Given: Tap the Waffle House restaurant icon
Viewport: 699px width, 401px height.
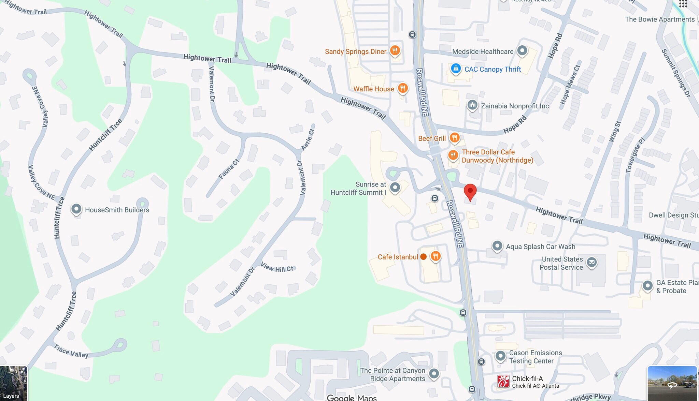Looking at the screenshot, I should [x=403, y=88].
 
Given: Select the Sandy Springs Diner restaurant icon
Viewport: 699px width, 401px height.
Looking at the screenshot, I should [x=395, y=51].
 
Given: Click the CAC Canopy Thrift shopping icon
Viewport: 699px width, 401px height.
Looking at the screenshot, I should [x=456, y=69].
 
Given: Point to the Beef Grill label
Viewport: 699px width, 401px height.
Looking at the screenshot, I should [x=432, y=138].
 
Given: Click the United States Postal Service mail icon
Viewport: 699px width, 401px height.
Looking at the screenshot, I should [x=591, y=262].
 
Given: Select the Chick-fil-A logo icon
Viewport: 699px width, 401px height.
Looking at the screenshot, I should [x=503, y=381].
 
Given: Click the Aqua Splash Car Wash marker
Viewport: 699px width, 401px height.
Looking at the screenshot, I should [x=497, y=246].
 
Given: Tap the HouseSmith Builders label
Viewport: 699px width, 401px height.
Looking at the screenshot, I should [x=117, y=210].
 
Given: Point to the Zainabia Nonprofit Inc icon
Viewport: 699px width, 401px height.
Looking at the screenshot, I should [x=472, y=105].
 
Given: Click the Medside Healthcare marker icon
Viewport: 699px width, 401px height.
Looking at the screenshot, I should [x=522, y=51].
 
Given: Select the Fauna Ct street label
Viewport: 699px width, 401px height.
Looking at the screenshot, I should [x=229, y=169].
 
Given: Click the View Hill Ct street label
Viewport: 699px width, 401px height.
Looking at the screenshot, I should [x=277, y=267].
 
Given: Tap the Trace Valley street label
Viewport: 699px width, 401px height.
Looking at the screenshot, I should [x=71, y=352].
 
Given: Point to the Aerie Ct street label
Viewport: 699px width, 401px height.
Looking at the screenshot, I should [x=308, y=139].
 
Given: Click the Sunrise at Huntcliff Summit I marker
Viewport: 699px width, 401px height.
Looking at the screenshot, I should [x=395, y=187].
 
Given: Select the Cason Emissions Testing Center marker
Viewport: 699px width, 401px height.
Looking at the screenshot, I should [x=500, y=356].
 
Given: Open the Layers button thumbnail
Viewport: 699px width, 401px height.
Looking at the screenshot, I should [x=13, y=383].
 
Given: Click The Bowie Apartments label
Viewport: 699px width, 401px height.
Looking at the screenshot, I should [x=659, y=19].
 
